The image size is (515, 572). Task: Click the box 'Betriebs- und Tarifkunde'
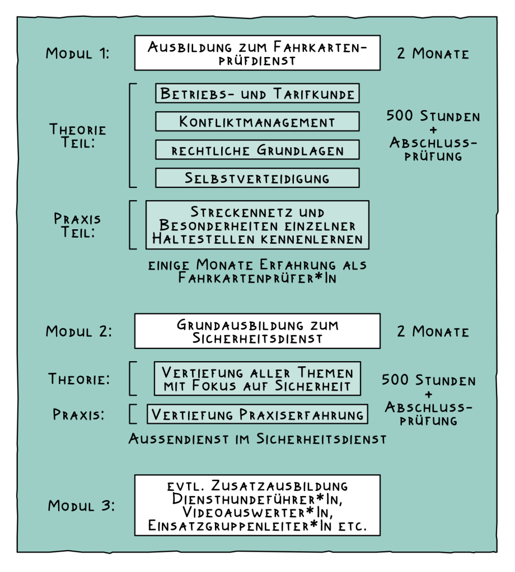257,93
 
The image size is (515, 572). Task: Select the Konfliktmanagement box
257,121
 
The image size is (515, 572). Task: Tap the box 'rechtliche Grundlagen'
257,150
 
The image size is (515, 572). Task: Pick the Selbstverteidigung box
257,178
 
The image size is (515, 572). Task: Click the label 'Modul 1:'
78,54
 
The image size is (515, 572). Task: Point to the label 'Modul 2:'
79,331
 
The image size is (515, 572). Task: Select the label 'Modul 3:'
81,506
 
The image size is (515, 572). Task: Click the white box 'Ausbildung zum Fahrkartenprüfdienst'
257,53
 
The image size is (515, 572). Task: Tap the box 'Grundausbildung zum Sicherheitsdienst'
257,331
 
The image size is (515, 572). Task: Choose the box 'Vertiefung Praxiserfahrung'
257,414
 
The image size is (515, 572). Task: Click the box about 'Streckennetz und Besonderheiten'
257,225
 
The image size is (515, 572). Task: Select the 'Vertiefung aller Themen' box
257,379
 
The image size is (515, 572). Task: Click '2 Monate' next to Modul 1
433,54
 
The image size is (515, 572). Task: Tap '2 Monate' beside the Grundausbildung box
433,331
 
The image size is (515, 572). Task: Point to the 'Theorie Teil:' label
78,136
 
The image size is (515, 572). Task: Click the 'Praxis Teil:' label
77,225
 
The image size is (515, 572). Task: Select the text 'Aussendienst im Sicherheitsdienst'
257,439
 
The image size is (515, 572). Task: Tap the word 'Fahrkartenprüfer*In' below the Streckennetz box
257,278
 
